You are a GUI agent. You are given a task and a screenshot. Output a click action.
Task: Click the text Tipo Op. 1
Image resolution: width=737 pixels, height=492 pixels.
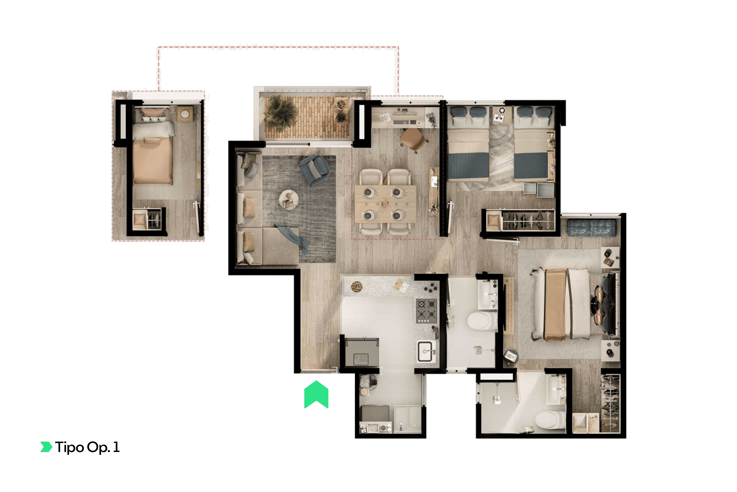coord(87,447)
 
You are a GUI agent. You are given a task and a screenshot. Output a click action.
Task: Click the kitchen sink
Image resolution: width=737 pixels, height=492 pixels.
coord(426,351)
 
